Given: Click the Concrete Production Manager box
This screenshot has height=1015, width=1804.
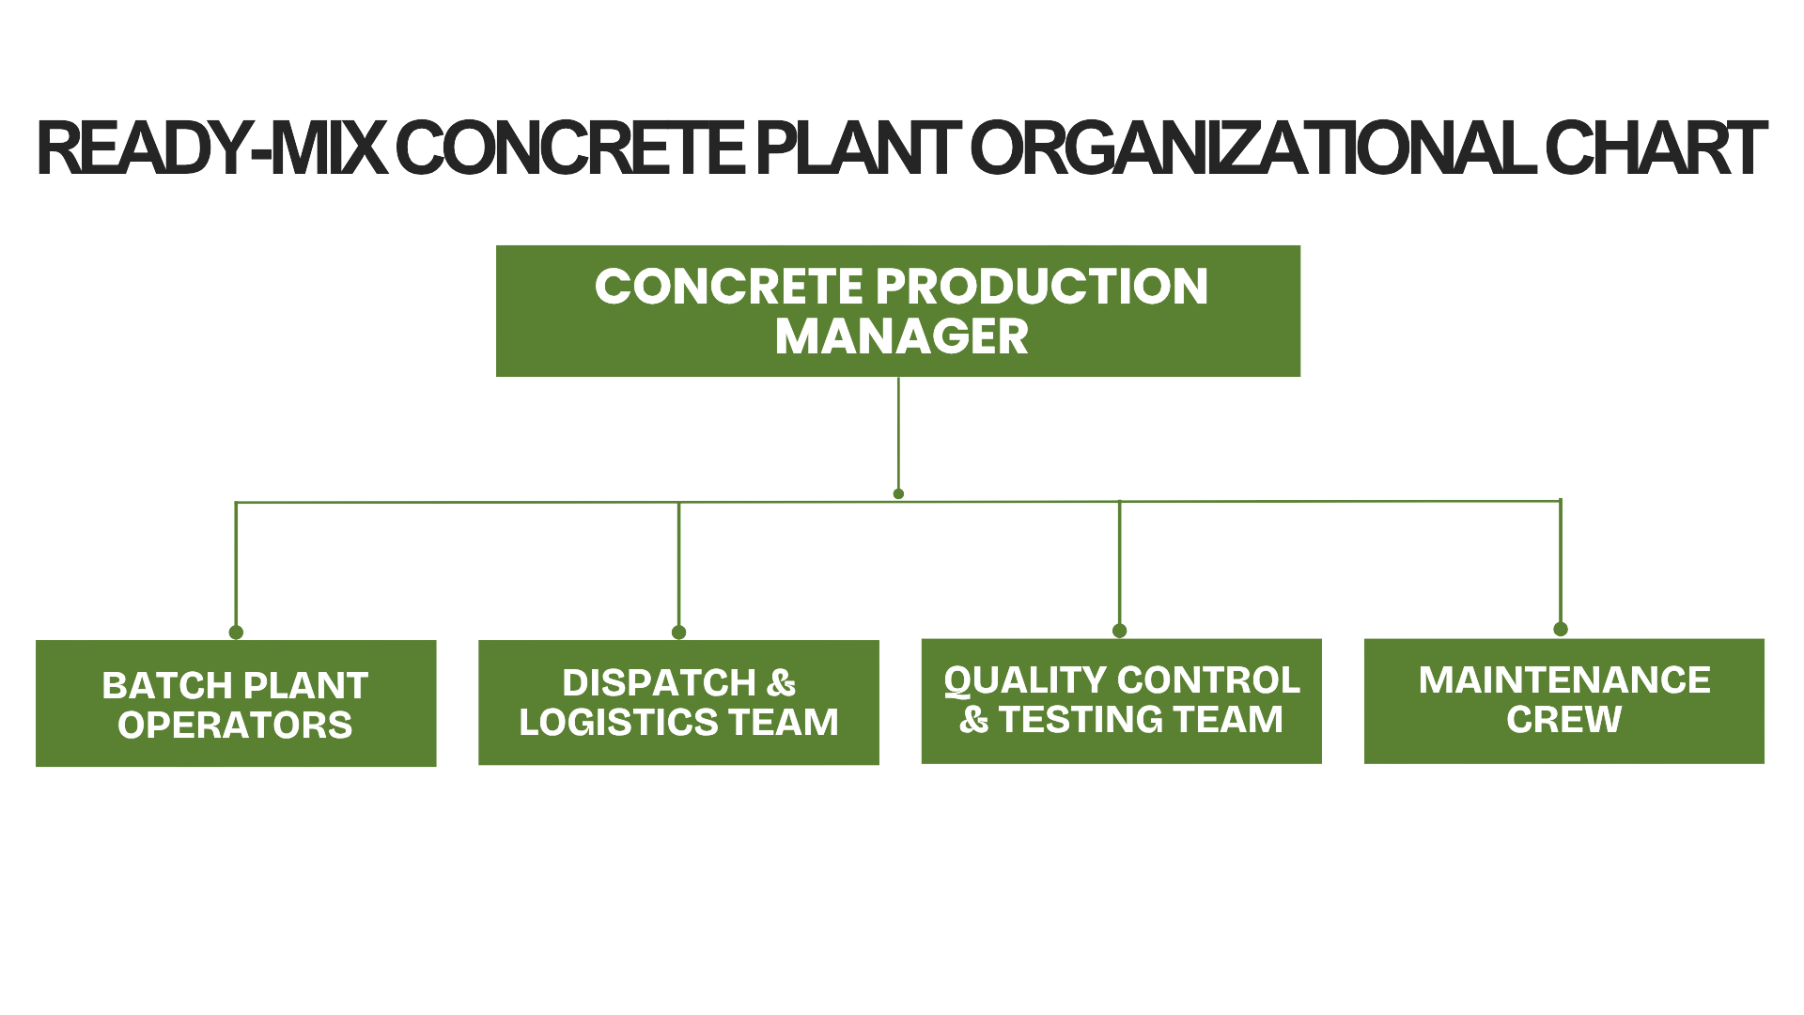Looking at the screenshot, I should pyautogui.click(x=898, y=311).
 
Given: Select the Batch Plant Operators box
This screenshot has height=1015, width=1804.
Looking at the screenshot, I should pyautogui.click(x=236, y=704).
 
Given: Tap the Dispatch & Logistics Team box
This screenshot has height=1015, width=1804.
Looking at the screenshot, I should pyautogui.click(x=678, y=703).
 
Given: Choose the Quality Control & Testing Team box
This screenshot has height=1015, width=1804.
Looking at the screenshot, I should pyautogui.click(x=1121, y=701).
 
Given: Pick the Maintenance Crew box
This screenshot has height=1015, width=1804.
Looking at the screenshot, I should pyautogui.click(x=1563, y=701).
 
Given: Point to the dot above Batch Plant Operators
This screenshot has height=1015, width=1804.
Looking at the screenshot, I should pyautogui.click(x=236, y=632).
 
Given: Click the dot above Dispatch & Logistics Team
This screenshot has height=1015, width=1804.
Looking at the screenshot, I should pyautogui.click(x=678, y=632).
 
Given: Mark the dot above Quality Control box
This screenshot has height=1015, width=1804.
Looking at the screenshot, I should pyautogui.click(x=1119, y=631).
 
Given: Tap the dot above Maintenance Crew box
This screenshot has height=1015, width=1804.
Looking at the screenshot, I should pyautogui.click(x=1561, y=630).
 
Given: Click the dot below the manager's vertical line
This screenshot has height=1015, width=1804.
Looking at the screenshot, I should pyautogui.click(x=898, y=493).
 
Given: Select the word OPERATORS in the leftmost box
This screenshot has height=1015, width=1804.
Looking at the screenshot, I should pyautogui.click(x=236, y=725).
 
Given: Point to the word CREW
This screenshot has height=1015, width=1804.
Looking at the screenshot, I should pyautogui.click(x=1563, y=720).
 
